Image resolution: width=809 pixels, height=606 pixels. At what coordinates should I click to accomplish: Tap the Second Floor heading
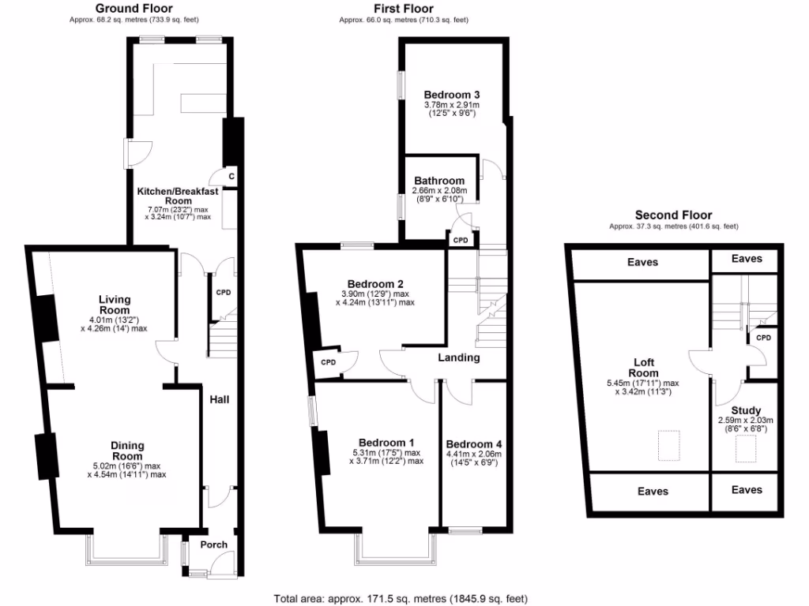click(673, 215)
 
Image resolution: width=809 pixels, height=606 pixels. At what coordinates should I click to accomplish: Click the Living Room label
click(115, 305)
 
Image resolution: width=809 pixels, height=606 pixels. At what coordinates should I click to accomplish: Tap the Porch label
click(214, 544)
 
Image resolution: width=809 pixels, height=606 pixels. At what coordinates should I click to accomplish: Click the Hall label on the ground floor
click(219, 400)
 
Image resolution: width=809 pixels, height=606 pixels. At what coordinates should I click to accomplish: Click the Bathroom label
click(439, 181)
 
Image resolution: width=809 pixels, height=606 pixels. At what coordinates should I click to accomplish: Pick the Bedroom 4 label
click(473, 443)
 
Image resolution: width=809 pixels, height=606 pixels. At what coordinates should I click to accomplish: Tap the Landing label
click(459, 357)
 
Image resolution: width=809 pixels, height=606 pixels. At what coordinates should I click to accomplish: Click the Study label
click(745, 410)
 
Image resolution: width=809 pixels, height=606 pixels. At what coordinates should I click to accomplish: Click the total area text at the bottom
click(401, 597)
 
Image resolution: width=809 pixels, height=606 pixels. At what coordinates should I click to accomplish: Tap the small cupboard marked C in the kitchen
click(231, 176)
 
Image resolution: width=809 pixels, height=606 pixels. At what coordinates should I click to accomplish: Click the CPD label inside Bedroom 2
click(328, 362)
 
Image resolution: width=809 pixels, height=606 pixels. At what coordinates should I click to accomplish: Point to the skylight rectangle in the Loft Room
click(668, 443)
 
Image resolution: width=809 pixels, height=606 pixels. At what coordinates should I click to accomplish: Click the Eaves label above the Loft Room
click(642, 262)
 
